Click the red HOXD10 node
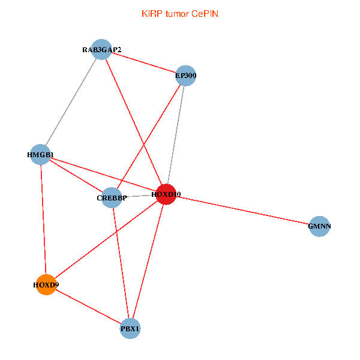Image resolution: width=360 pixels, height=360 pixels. (165, 194)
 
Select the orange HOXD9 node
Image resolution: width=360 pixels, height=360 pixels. (46, 284)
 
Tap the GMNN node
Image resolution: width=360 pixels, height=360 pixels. (319, 226)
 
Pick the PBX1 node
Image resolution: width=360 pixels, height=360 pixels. (130, 328)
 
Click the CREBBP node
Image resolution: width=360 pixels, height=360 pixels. (112, 197)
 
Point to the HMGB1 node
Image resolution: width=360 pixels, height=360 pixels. (40, 155)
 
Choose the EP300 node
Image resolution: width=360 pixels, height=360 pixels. (186, 76)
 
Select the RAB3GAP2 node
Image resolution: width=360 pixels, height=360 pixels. (102, 49)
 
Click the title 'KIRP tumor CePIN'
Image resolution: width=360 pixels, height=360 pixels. (179, 13)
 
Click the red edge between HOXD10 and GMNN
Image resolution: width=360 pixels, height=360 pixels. (242, 211)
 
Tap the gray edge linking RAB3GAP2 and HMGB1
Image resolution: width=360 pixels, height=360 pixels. (71, 102)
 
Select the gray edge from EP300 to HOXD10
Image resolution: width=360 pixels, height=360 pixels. (176, 135)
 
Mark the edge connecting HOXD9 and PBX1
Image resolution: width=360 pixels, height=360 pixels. (88, 306)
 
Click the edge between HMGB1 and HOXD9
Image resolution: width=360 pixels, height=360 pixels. (43, 220)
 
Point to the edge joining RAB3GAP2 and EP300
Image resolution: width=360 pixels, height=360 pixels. (144, 62)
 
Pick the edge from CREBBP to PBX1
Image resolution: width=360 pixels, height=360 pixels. (121, 263)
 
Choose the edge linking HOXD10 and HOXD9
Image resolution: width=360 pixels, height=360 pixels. (105, 239)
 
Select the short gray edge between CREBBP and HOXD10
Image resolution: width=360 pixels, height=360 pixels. (139, 196)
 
